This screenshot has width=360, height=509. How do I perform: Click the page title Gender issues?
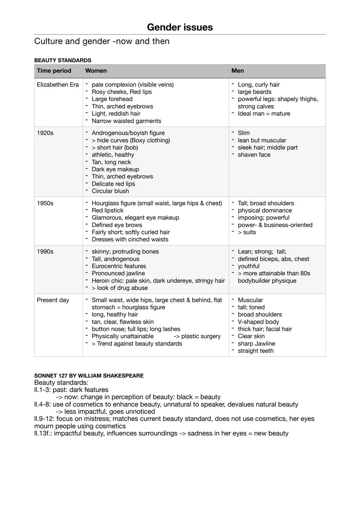[x=180, y=27]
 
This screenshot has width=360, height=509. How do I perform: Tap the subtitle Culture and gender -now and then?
[x=102, y=41]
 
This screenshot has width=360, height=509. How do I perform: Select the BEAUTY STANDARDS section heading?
[x=63, y=60]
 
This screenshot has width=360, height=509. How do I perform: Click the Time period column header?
[x=54, y=71]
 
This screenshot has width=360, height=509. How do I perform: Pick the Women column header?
[x=96, y=71]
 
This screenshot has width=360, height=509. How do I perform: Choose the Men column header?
[x=238, y=71]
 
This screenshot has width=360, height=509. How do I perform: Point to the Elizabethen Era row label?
[x=58, y=85]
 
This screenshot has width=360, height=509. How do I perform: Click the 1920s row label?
[x=45, y=133]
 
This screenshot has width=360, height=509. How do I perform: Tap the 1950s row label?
[x=45, y=203]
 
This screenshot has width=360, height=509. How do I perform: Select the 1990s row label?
[x=45, y=252]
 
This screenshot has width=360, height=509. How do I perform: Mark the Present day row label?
[x=53, y=300]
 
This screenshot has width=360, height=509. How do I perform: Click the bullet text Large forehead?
[x=112, y=99]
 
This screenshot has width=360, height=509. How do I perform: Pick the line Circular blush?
[x=110, y=191]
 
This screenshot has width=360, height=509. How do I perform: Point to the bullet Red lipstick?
[x=107, y=211]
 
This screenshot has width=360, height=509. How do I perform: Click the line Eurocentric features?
[x=119, y=266]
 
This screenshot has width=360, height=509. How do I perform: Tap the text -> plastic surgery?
[x=197, y=336]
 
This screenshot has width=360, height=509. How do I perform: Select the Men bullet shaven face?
[x=254, y=155]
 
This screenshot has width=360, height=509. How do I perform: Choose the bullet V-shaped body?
[x=258, y=322]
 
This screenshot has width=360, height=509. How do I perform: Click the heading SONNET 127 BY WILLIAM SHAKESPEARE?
[x=89, y=376]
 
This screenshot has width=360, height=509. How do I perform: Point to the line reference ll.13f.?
[x=43, y=433]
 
